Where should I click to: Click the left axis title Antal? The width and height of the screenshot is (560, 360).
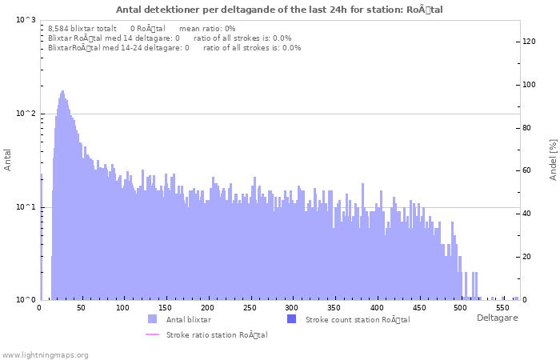[x=8, y=159]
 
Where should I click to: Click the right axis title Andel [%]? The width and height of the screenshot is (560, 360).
[x=553, y=159]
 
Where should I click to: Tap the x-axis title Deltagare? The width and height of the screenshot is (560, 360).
[x=497, y=318]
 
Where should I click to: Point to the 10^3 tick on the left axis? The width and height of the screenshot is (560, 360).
[x=26, y=20]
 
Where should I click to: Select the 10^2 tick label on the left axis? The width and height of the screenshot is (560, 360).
[x=26, y=114]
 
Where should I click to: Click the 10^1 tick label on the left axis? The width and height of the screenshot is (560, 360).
[x=26, y=207]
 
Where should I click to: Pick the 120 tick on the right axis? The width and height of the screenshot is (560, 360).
[x=529, y=42]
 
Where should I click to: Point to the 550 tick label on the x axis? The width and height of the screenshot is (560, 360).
[x=502, y=308]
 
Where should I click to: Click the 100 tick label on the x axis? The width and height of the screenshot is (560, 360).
[x=122, y=308]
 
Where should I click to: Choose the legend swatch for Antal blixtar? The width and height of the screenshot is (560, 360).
[x=153, y=319]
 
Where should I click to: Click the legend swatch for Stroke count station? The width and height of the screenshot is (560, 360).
[x=291, y=319]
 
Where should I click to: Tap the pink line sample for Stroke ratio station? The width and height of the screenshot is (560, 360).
[x=153, y=334]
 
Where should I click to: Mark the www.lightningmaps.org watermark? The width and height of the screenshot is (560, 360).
[x=46, y=354]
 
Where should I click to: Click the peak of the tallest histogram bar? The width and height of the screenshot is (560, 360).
[x=62, y=92]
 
